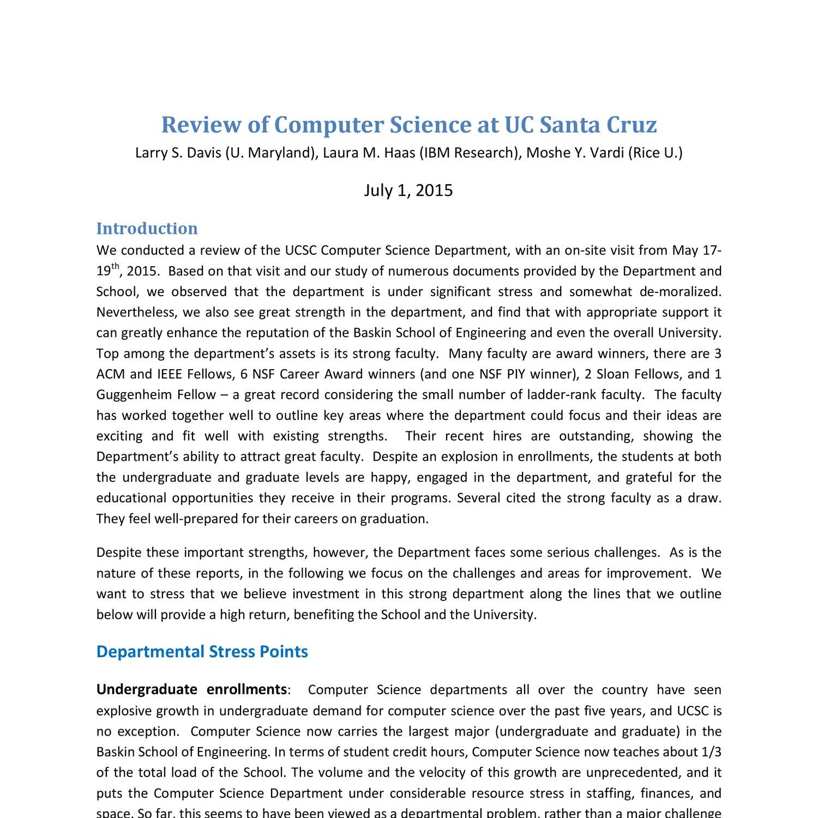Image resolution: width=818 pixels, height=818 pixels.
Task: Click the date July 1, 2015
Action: (x=408, y=190)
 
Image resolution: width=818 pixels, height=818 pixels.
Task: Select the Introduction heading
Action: (x=147, y=228)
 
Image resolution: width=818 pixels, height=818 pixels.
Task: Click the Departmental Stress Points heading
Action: (x=202, y=652)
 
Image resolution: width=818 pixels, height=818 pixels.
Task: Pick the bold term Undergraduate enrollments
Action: (x=191, y=690)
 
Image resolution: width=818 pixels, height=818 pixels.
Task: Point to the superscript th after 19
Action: (x=115, y=267)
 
